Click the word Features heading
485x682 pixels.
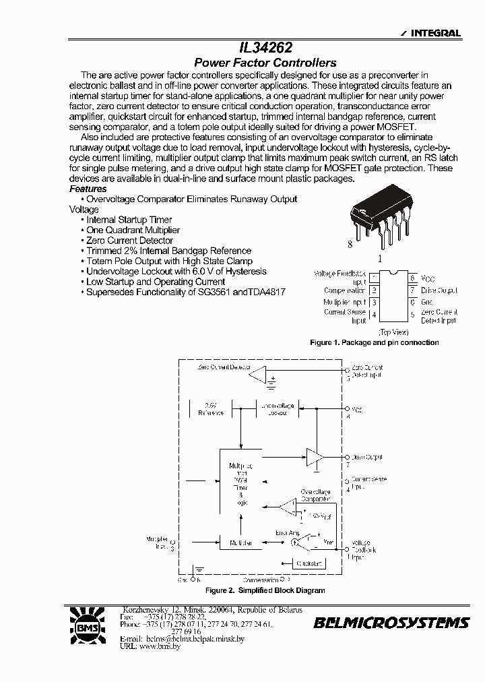88,189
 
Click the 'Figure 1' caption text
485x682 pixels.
374,342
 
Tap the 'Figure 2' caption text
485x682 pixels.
265,590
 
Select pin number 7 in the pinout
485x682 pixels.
412,290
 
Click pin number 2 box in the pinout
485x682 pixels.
375,290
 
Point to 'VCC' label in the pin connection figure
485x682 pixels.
428,278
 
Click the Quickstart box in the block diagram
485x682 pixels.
309,563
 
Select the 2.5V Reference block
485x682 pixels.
210,408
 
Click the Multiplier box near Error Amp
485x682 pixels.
240,542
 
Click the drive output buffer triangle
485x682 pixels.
314,457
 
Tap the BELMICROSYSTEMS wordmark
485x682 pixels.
391,623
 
